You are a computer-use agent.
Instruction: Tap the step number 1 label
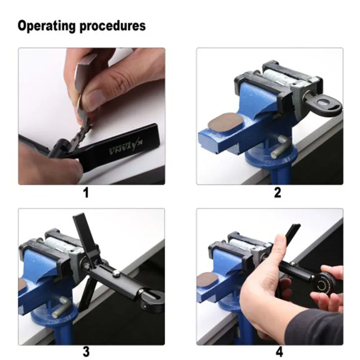(x=85, y=193)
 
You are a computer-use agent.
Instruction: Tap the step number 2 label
(x=277, y=193)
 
